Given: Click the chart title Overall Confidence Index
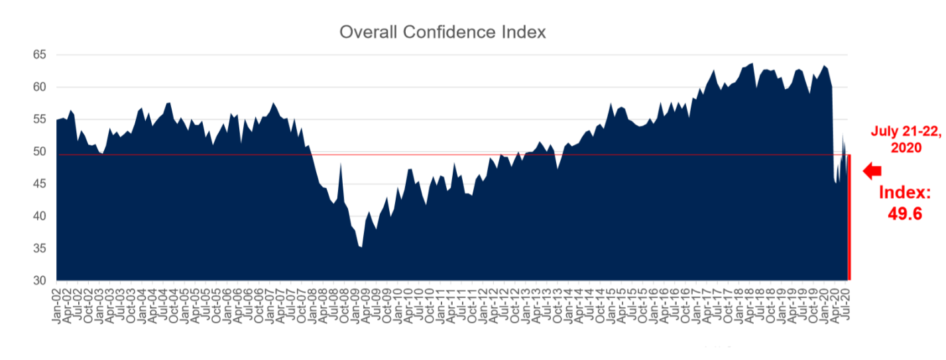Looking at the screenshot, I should coord(442,32).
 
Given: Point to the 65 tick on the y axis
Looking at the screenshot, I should coord(40,54).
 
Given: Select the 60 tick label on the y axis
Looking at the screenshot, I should coord(40,87).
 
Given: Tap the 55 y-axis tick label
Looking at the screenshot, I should coord(40,119).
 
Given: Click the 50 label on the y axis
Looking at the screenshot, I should coord(40,152).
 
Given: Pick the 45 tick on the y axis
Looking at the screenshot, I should coord(40,184).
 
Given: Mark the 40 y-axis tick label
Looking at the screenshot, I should coord(40,216).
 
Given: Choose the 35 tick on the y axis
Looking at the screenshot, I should coord(40,249).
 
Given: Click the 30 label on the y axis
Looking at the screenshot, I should coord(40,281).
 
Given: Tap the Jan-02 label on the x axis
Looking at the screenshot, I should coord(58,306).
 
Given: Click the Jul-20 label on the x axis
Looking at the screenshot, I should coord(845,304).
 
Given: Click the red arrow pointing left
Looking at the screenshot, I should coord(872,171).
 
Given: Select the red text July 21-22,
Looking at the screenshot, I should coord(906,131).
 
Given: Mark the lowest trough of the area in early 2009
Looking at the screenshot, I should coord(361,247).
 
